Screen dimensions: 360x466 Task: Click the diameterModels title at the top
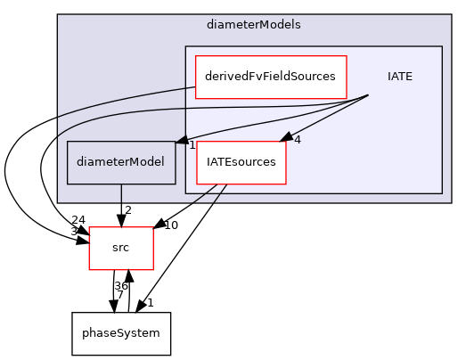point(266,25)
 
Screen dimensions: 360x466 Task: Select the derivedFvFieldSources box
point(271,76)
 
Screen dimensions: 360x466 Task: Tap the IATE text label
point(399,76)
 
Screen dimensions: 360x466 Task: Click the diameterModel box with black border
point(121,162)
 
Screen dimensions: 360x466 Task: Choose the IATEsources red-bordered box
point(241,162)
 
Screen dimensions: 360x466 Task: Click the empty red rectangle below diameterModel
point(121,249)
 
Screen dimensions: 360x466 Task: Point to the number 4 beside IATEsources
point(298,140)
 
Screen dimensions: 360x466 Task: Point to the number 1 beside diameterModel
point(192,145)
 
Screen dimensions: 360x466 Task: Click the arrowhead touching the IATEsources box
point(286,137)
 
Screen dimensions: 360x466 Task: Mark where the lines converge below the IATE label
point(369,95)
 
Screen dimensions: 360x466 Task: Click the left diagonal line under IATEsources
point(205,193)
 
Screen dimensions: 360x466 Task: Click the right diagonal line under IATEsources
point(219,193)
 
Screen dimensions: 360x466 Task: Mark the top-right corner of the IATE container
point(442,46)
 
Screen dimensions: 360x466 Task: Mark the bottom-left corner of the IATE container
point(185,192)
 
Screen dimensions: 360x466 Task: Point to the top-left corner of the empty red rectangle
point(89,227)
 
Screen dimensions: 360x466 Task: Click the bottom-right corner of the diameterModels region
point(451,202)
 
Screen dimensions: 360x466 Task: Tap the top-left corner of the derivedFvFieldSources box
point(196,55)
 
